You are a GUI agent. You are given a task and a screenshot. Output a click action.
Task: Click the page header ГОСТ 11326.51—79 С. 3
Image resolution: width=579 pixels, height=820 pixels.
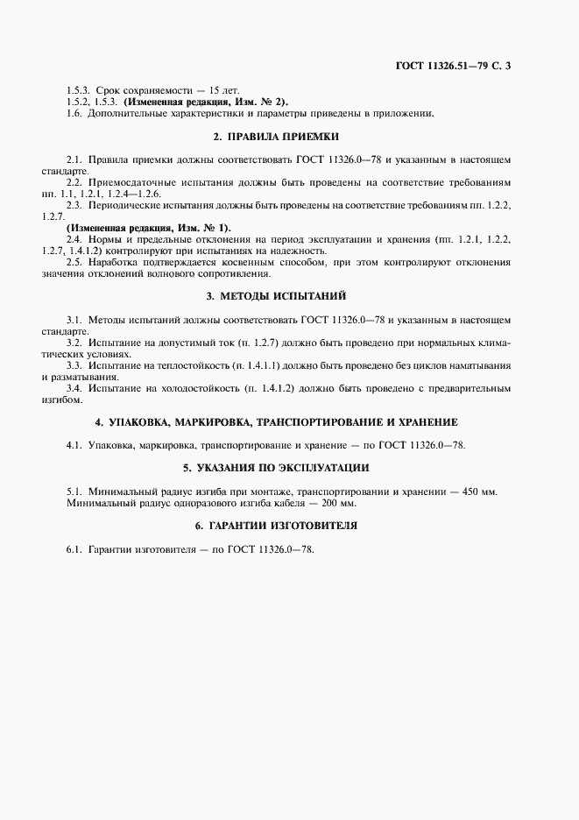pos(482,66)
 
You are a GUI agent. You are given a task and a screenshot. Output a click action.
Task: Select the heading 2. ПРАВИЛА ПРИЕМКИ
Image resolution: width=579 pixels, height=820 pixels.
pos(276,137)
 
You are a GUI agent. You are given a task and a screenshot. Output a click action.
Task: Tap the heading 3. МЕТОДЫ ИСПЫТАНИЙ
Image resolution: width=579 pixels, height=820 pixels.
pos(276,297)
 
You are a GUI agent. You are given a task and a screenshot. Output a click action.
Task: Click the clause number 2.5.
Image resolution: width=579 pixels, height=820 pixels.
pos(74,262)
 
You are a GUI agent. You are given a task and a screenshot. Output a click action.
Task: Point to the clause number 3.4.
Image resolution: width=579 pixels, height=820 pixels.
pos(74,387)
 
